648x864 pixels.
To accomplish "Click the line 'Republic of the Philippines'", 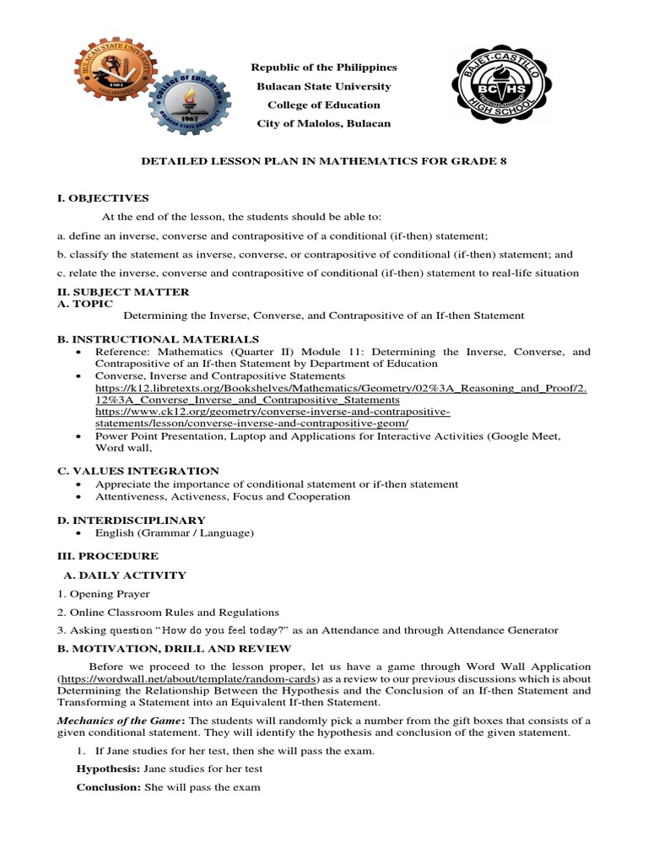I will [324, 67].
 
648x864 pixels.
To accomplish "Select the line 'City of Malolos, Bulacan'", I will [324, 123].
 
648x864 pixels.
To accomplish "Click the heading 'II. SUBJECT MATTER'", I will [123, 292].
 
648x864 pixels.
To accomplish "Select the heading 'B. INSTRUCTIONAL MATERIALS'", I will [146, 339].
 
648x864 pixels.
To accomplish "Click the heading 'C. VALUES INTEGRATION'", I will [138, 471].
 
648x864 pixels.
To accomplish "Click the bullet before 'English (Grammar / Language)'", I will [78, 533].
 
